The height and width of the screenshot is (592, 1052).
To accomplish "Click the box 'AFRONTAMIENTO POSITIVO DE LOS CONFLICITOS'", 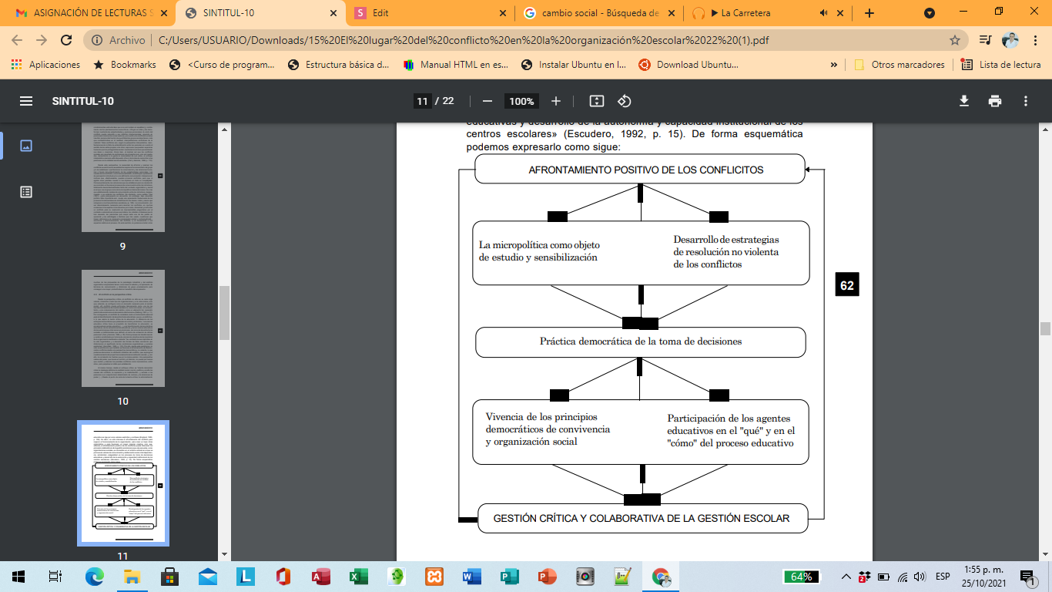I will click(640, 170).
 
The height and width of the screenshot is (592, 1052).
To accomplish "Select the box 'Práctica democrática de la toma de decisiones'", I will click(640, 341).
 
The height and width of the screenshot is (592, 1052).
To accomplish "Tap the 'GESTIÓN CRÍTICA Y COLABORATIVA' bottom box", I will click(642, 518).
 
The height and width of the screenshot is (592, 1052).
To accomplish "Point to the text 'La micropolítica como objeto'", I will click(544, 245).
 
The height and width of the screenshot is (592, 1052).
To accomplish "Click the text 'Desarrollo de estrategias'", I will click(726, 240).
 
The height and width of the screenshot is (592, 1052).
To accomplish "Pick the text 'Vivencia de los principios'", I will click(541, 417).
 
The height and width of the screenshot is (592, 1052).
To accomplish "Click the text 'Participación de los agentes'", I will click(729, 419).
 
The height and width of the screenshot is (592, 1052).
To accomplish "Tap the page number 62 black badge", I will click(847, 285).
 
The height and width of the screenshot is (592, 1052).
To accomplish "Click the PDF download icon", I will click(964, 101).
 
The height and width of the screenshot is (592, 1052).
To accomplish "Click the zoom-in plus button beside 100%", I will click(556, 101).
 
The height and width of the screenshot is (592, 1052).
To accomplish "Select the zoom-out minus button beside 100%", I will click(487, 101).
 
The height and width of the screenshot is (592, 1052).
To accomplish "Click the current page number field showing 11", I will click(422, 101).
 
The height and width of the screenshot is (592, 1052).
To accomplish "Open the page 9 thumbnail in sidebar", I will click(123, 177).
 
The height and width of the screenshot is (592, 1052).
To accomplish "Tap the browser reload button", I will click(66, 40).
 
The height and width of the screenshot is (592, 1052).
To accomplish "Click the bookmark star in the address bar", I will click(955, 40).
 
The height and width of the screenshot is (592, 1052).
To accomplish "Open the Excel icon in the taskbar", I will click(358, 576).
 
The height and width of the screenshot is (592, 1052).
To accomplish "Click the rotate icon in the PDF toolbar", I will click(625, 101).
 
